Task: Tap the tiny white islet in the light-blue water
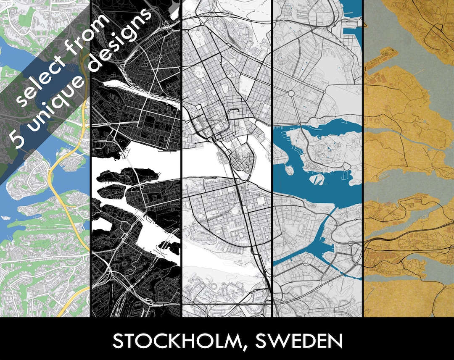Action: pos(5,217)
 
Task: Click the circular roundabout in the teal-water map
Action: pos(290,93)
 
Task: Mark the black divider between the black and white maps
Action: pos(181,168)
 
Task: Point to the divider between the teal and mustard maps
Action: pos(363,168)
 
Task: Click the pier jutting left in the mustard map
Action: pos(378,59)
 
